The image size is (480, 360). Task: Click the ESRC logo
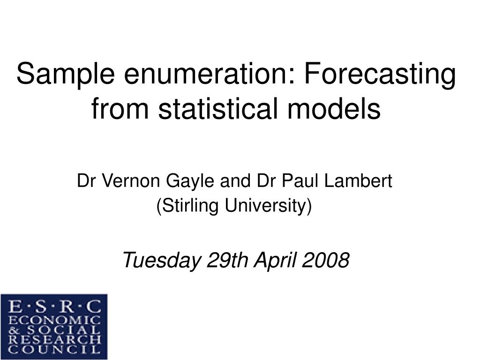[54, 326]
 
